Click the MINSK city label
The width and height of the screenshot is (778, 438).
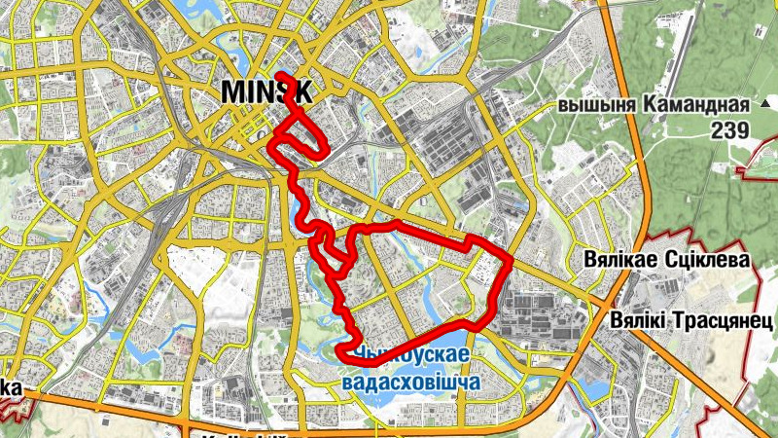pos(266,91)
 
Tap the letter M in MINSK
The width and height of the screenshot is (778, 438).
pos(233,91)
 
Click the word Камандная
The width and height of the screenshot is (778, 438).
pos(696,106)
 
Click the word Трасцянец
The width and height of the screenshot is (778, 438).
pos(722,319)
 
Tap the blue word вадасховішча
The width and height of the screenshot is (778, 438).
pos(412,382)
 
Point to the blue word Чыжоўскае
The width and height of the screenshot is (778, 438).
pos(413,354)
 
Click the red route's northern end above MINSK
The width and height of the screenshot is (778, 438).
pos(279,75)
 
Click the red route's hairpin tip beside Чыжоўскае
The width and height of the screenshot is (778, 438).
pos(338,351)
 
